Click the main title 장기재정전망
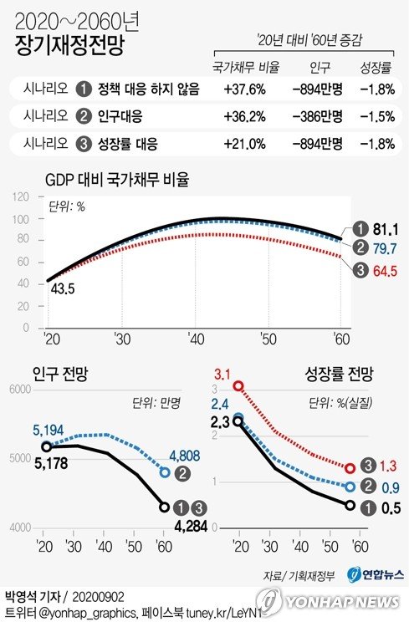[x=69, y=46]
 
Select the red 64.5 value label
[x=385, y=270]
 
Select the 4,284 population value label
[x=189, y=525]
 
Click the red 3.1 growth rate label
[x=222, y=372]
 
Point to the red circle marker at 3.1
[x=239, y=386]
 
